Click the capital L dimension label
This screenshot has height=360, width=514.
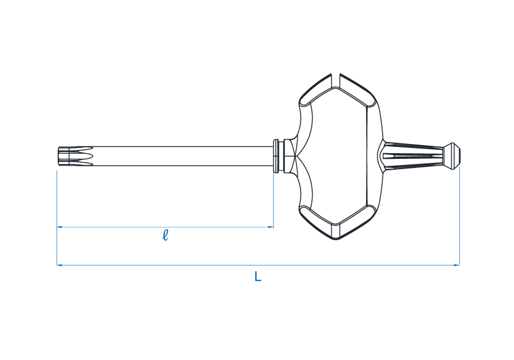coord(258,277)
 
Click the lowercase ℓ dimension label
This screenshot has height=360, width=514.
coord(165,235)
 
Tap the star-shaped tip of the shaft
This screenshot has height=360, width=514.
coord(75,156)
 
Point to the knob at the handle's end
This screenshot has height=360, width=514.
coord(452,156)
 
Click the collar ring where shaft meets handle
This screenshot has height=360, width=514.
coord(276,156)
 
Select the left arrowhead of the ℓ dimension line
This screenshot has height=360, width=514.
coord(59,226)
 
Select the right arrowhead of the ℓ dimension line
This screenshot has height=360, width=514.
coord(271,226)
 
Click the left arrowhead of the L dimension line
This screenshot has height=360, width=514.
coord(59,265)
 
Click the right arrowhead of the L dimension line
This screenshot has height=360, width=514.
coord(457,265)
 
